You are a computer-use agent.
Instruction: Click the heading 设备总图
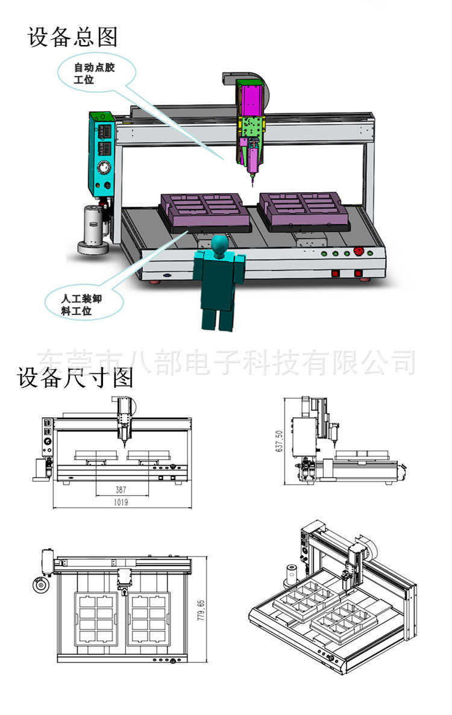click(x=72, y=37)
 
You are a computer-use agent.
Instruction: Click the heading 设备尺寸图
click(x=75, y=378)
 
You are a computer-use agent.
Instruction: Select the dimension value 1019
click(x=122, y=502)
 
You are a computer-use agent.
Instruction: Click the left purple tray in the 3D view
click(x=205, y=212)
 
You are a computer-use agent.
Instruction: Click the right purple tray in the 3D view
click(x=304, y=211)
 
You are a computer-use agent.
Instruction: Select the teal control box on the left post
click(x=102, y=153)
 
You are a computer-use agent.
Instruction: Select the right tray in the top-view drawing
click(x=149, y=619)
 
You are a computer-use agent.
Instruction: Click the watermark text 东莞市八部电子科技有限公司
click(x=227, y=361)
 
